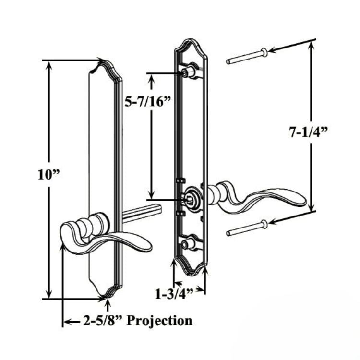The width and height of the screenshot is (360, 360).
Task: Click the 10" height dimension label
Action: [48, 175]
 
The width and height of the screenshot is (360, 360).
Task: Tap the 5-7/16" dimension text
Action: [148, 101]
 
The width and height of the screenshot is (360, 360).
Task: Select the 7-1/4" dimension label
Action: [308, 132]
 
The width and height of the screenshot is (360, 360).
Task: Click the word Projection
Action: [159, 321]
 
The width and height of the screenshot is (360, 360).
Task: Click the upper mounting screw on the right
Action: [247, 56]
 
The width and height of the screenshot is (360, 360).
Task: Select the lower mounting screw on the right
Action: [247, 228]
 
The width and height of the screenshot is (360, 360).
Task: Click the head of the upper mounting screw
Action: [264, 53]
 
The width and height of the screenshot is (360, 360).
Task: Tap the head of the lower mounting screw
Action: [264, 224]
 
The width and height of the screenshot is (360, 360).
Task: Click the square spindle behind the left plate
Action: [143, 213]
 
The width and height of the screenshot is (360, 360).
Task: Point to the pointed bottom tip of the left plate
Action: [107, 298]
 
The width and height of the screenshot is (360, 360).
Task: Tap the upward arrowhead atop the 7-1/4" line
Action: [312, 44]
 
